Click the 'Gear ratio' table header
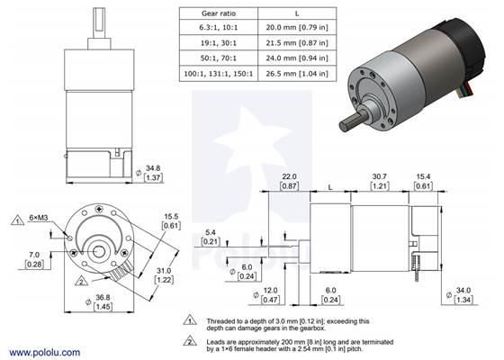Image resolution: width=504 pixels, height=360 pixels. point(218,15)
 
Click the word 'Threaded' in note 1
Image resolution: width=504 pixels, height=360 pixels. point(226,319)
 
